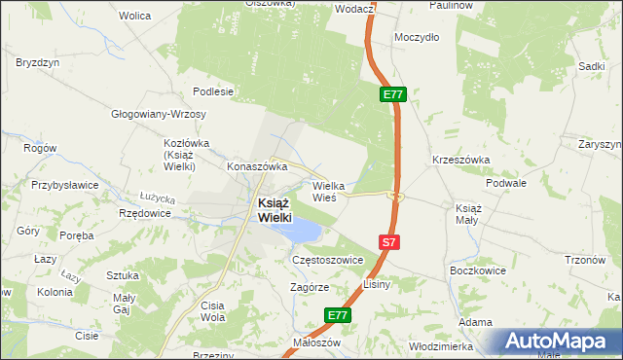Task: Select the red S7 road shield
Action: pyautogui.click(x=387, y=241)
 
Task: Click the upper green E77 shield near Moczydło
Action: pyautogui.click(x=393, y=94)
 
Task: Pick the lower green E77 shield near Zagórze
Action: pyautogui.click(x=337, y=315)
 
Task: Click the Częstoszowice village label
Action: pyautogui.click(x=327, y=261)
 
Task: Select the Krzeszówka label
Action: pyautogui.click(x=460, y=160)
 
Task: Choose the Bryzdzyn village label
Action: pyautogui.click(x=36, y=61)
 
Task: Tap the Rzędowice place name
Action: pyautogui.click(x=137, y=213)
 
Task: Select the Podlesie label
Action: pyautogui.click(x=213, y=91)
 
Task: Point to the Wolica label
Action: pyautogui.click(x=134, y=16)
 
